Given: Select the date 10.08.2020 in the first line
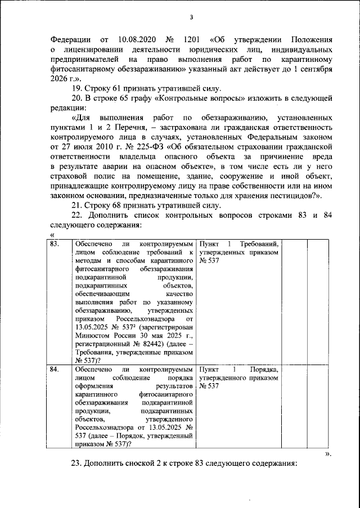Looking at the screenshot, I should (138, 40).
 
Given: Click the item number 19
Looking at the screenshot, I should (78, 88).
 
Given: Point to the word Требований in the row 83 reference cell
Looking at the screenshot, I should (259, 243).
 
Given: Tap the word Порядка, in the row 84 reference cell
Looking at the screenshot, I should (263, 370).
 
